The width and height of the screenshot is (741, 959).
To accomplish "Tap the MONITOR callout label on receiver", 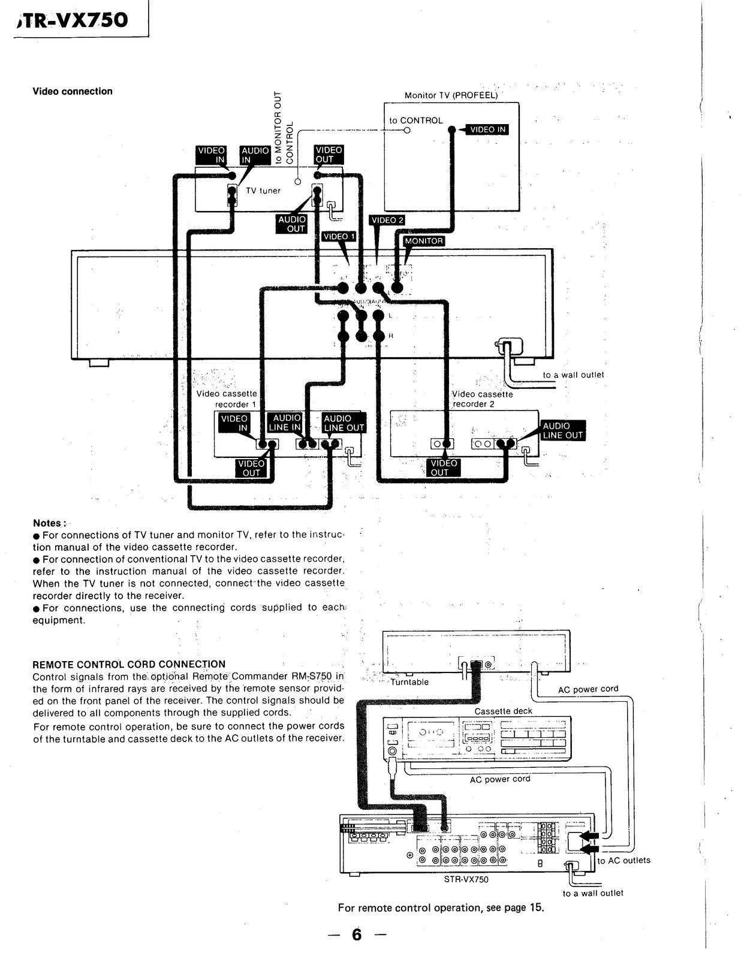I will click(424, 241).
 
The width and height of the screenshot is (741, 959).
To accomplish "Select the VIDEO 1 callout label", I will click(339, 237).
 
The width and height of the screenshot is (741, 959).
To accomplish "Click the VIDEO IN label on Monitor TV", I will click(488, 129).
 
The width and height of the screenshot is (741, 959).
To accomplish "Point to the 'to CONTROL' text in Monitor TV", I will click(415, 120).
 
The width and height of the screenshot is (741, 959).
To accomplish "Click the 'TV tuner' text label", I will click(263, 191).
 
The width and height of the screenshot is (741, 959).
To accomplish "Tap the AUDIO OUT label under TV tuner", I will click(292, 224).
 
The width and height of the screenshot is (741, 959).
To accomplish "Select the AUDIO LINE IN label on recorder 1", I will click(287, 423).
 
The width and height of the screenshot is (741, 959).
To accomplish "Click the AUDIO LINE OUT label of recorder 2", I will click(562, 430).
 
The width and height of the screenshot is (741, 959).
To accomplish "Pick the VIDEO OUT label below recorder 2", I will click(444, 468).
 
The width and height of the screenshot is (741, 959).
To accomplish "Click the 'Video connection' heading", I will click(73, 92).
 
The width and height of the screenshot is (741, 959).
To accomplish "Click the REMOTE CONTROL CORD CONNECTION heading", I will click(129, 664).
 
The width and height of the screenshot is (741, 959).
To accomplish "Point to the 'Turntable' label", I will click(409, 682).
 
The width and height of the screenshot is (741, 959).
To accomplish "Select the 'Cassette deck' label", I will click(503, 711).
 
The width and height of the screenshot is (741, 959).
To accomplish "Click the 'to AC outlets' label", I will click(623, 861).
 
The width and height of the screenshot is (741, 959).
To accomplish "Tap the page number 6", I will click(357, 934).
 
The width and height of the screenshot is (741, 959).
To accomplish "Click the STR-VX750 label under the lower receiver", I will click(466, 880).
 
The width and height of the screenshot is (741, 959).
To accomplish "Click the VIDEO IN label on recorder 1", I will click(234, 423).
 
